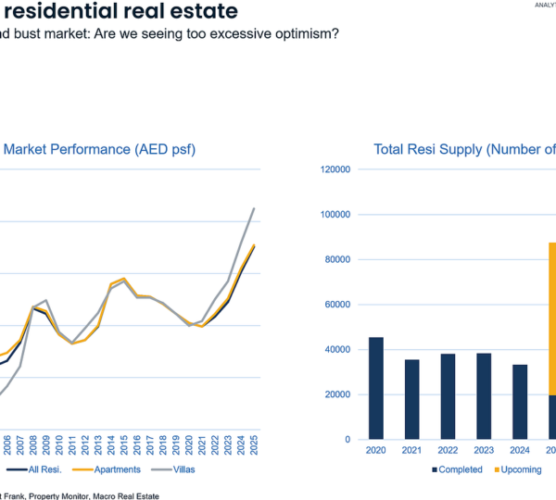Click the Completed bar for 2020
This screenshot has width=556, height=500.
click(x=376, y=388)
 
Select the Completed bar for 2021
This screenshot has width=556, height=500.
click(x=412, y=399)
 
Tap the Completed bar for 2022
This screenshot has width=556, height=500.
click(x=449, y=396)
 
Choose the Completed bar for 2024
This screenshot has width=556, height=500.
click(x=520, y=402)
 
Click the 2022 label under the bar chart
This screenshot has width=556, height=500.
click(x=449, y=451)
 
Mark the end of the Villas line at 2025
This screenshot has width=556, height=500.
click(x=254, y=208)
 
